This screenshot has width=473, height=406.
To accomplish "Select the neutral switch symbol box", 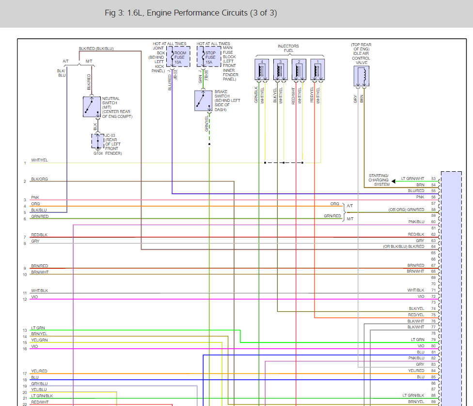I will point(91,107).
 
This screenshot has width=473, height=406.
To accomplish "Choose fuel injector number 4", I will point(262,69).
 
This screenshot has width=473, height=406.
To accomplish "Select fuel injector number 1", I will point(317,69).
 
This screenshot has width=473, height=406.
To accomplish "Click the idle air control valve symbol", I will point(361,76).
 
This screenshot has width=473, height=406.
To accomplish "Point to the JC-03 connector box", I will point(97,141).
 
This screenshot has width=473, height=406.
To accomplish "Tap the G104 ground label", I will point(98,153).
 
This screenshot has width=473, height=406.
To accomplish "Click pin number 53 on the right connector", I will point(433,179).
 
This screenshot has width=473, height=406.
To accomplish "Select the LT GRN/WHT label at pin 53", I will point(412,179).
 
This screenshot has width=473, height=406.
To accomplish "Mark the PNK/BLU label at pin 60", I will point(416,222).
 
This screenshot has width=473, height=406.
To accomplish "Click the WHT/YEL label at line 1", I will point(39,160).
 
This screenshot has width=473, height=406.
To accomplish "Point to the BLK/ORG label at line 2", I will point(39,179).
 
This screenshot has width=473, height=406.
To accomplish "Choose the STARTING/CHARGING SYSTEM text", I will point(378,180).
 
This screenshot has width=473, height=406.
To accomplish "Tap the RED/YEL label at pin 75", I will point(416,315).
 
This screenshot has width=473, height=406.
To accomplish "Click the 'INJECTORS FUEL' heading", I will point(288,49).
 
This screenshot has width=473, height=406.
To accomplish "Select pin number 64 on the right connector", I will point(433,246).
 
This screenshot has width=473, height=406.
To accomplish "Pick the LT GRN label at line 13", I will point(38,328).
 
